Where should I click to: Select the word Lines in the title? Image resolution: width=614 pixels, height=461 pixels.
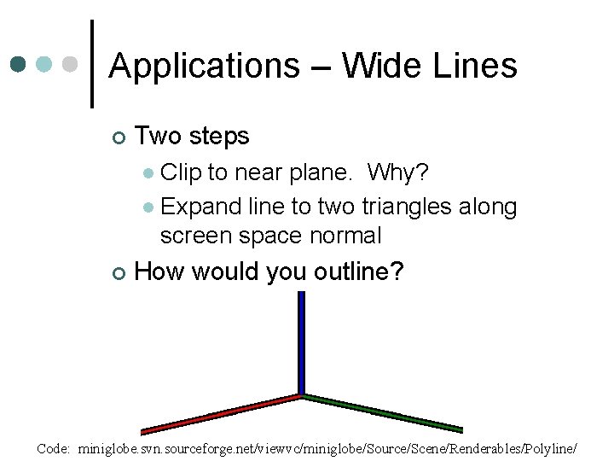(x=476, y=66)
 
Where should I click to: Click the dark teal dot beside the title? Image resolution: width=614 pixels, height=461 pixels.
(x=20, y=64)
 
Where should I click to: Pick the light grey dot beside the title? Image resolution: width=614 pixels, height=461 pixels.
(x=72, y=64)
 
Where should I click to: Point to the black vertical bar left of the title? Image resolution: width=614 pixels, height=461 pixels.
(x=92, y=64)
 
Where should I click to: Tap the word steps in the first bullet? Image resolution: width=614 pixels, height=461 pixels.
(x=218, y=137)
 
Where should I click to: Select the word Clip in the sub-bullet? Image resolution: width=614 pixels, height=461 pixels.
(x=180, y=173)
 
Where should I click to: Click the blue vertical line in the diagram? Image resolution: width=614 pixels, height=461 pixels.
(x=301, y=341)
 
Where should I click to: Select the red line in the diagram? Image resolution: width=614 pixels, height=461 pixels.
(x=222, y=413)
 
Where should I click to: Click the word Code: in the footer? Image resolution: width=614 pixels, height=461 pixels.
(x=54, y=448)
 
